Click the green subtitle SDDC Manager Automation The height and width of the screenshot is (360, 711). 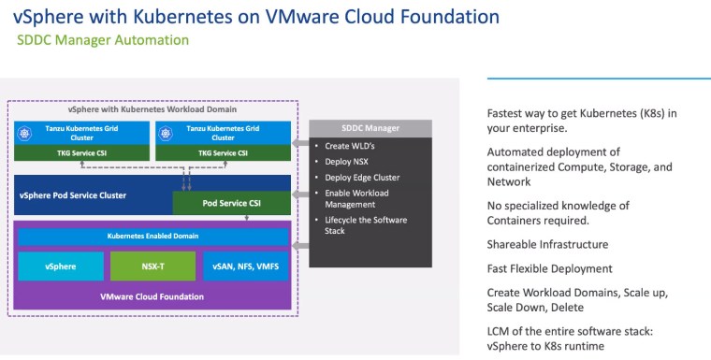pos(103,40)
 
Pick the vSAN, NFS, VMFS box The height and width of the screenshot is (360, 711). pos(246,266)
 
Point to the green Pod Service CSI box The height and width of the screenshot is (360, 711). pos(231,202)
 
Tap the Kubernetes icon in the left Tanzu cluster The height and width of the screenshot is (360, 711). pos(26,134)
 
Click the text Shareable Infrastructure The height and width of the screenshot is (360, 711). pos(547,244)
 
